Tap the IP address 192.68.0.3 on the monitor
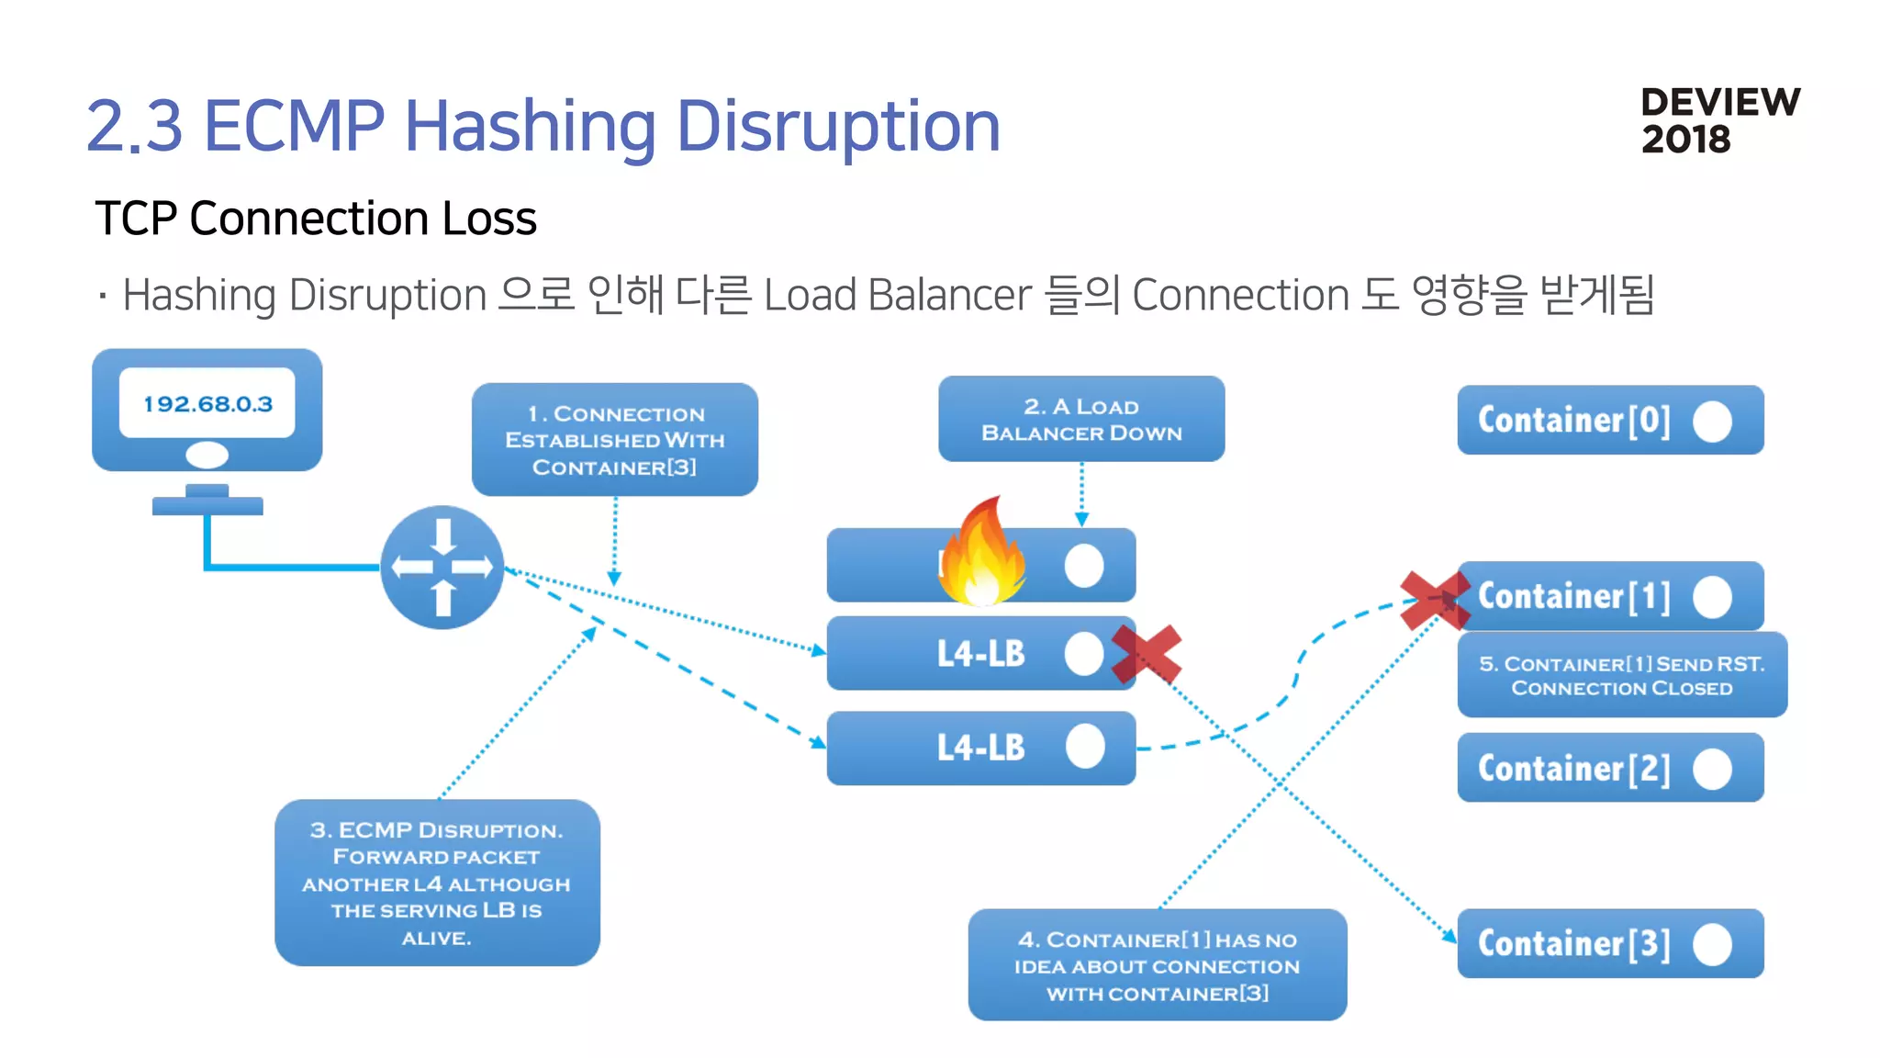tap(207, 404)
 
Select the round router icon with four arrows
tap(442, 568)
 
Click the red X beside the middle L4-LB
tap(1147, 654)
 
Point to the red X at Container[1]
tap(1434, 600)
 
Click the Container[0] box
tap(1609, 420)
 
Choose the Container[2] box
tap(1609, 768)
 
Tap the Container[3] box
tap(1609, 943)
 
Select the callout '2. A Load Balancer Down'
tap(1081, 419)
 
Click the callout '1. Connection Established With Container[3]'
tap(614, 440)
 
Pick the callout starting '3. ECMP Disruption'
tap(437, 883)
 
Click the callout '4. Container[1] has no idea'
tap(1157, 965)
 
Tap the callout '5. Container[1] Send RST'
tap(1621, 675)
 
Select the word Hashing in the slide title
tap(530, 127)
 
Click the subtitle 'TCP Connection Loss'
tap(316, 219)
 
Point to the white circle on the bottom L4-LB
tap(1085, 747)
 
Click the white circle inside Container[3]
tap(1712, 944)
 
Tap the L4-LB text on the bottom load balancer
tap(980, 748)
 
